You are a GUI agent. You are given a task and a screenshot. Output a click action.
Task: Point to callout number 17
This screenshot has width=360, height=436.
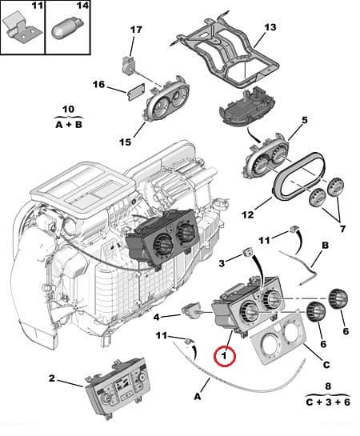click(x=137, y=31)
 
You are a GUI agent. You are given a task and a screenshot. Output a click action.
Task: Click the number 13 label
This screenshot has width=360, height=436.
click(x=270, y=28)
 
